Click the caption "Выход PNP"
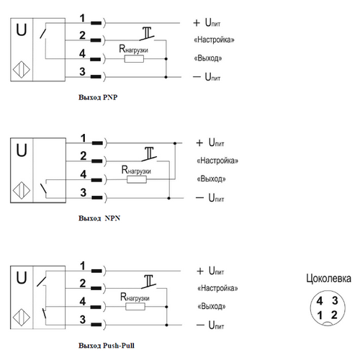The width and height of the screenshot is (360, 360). tap(98, 97)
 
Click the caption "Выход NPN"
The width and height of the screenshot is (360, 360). tap(99, 218)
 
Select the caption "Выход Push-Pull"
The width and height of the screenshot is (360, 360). tap(107, 346)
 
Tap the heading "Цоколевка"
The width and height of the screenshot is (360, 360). tap(328, 279)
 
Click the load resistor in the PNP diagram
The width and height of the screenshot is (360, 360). tap(134, 59)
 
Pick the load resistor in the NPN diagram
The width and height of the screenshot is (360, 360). tap(137, 179)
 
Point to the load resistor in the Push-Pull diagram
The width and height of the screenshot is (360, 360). tap(135, 307)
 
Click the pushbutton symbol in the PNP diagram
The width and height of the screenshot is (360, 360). tap(147, 34)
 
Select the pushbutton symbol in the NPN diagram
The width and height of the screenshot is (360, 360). tap(149, 154)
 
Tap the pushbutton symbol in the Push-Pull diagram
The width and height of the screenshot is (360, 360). tap(149, 282)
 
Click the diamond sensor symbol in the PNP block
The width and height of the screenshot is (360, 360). tap(22, 70)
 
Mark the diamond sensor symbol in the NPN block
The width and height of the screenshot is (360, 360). tap(22, 190)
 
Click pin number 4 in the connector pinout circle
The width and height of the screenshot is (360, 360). tap(320, 301)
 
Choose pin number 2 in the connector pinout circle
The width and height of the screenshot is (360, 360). tap(334, 315)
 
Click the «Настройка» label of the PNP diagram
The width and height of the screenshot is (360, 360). tap(214, 40)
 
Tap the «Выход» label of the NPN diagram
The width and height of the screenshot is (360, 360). tap(211, 179)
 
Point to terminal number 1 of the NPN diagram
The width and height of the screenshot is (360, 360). tap(83, 138)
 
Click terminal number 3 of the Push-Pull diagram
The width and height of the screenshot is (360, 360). tap(83, 320)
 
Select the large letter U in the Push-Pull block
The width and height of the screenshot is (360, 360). tap(22, 278)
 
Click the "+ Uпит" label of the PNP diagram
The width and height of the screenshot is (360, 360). tap(207, 22)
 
